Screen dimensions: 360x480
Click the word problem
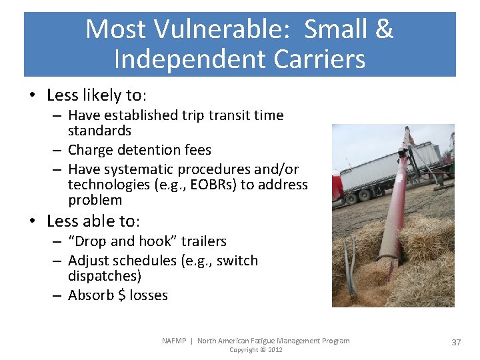pos(95,200)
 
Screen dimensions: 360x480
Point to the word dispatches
pos(103,276)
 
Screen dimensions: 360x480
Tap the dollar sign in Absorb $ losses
pos(121,295)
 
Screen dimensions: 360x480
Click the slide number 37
pos(456,342)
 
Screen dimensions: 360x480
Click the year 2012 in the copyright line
pos(274,350)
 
